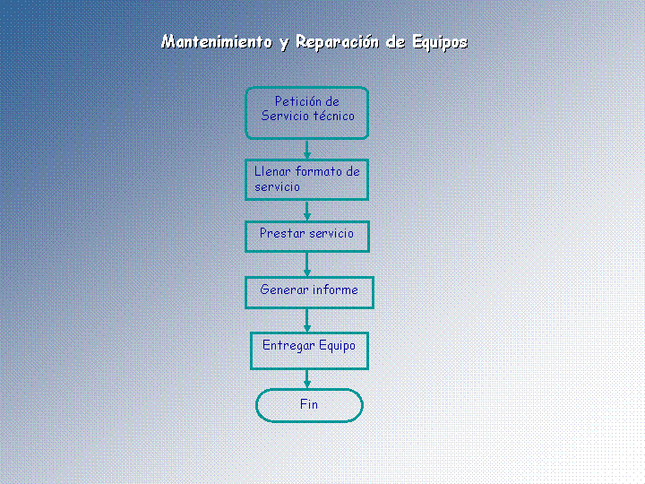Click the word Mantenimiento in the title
(x=217, y=42)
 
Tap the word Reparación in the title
(x=338, y=42)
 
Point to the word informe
(x=335, y=290)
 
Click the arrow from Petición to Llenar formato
(x=307, y=150)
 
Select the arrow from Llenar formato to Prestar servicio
(x=307, y=211)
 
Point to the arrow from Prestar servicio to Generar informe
(x=307, y=264)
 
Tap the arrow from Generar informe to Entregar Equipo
(x=307, y=321)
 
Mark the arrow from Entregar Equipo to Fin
(x=307, y=379)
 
